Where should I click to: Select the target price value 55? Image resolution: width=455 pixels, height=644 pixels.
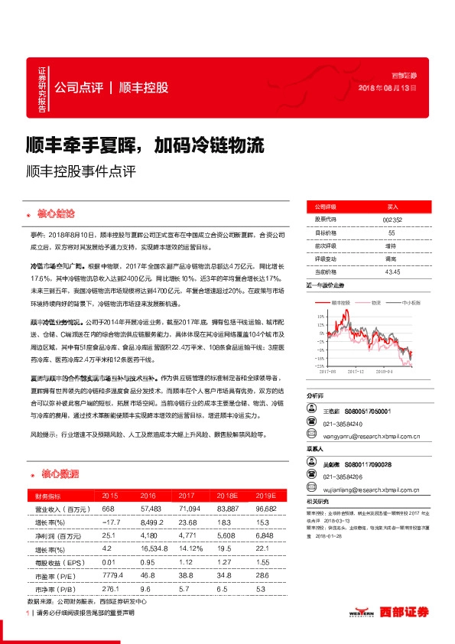pyautogui.click(x=392, y=233)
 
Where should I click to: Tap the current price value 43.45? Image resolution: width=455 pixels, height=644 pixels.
pyautogui.click(x=392, y=272)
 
